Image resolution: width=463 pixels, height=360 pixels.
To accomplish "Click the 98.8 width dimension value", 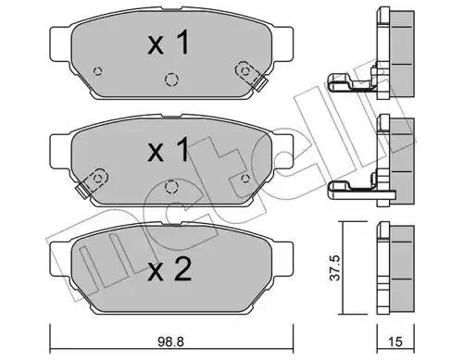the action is (170, 341).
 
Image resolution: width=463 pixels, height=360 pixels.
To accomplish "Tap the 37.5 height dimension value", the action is (334, 267).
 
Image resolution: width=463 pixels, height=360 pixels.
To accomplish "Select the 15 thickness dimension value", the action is (395, 341).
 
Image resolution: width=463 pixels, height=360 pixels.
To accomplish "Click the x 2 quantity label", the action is (169, 269).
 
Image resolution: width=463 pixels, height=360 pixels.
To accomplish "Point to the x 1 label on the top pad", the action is (169, 43).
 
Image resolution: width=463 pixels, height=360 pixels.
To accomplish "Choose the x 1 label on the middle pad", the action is (169, 150).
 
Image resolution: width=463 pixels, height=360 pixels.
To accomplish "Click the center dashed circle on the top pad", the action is (171, 80).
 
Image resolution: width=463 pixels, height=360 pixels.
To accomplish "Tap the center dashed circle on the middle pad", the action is (171, 187).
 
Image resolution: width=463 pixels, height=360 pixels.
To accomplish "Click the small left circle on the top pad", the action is (98, 71).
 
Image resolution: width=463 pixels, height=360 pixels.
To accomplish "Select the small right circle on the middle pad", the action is (245, 179).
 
